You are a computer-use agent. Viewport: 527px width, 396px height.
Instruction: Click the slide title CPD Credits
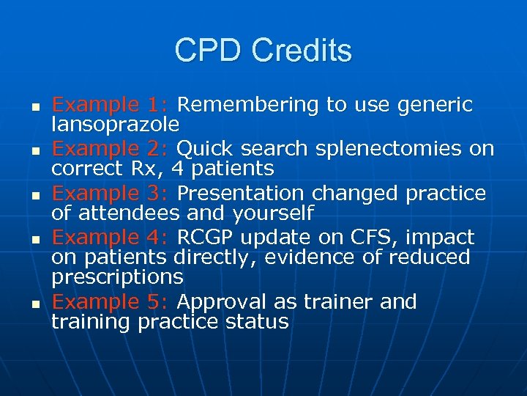coord(263,51)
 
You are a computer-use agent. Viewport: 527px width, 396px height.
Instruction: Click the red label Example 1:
coord(111,105)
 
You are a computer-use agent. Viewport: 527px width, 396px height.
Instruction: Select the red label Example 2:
coord(111,149)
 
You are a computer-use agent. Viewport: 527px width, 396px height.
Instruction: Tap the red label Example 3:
coord(111,193)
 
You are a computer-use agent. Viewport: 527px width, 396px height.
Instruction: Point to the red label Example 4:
coord(111,238)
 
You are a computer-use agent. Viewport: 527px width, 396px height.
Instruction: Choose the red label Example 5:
coord(111,301)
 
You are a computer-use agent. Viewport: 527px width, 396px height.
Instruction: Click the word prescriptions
coord(117,278)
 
